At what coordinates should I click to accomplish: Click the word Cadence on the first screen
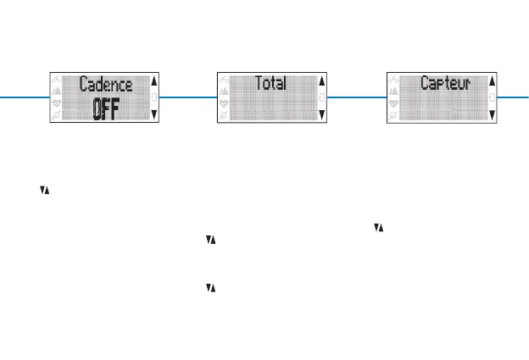[106, 85]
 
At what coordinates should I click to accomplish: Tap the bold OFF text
[106, 110]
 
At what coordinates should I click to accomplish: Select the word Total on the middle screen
[270, 84]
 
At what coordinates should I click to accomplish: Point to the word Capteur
[445, 84]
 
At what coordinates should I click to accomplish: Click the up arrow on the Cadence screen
[153, 82]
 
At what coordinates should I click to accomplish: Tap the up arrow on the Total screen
[321, 82]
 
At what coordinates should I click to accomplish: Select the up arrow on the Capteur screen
[492, 82]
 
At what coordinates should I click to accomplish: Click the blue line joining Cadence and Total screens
[187, 97]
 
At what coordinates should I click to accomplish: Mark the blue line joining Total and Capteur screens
[356, 97]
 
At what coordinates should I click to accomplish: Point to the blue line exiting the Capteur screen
[512, 97]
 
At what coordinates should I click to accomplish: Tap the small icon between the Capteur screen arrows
[492, 97]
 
